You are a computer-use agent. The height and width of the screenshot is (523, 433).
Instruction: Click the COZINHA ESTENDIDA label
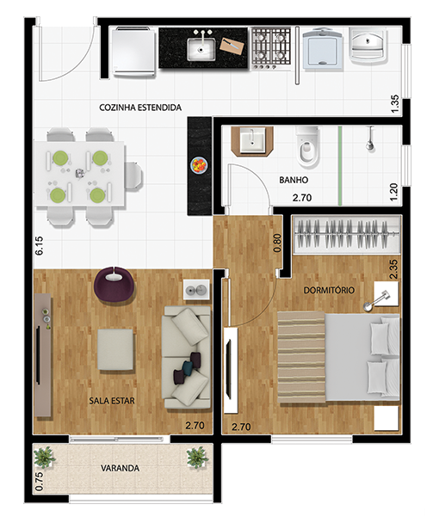pyautogui.click(x=140, y=108)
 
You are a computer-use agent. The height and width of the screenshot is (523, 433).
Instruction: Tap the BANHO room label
pyautogui.click(x=294, y=180)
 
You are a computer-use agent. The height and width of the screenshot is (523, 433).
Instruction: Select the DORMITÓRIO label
pyautogui.click(x=329, y=290)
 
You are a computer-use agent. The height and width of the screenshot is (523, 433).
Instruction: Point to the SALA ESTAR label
pyautogui.click(x=112, y=401)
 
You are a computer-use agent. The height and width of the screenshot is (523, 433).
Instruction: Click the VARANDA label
pyautogui.click(x=120, y=468)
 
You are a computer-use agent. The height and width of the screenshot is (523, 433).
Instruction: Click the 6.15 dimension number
pyautogui.click(x=39, y=246)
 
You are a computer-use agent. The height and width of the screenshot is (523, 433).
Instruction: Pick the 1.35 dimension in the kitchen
pyautogui.click(x=394, y=104)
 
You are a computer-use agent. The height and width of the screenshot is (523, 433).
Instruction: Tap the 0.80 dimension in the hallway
pyautogui.click(x=277, y=243)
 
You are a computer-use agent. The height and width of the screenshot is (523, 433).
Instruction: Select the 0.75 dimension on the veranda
pyautogui.click(x=39, y=482)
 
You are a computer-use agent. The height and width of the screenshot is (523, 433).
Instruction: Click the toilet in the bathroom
pyautogui.click(x=307, y=147)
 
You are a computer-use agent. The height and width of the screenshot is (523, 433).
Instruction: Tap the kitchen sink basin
pyautogui.click(x=201, y=49)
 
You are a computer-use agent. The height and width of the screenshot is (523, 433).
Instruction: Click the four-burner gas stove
pyautogui.click(x=270, y=48)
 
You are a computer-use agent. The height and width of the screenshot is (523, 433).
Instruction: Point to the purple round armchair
pyautogui.click(x=114, y=285)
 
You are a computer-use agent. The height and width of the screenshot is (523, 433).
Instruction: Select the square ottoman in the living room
pyautogui.click(x=115, y=349)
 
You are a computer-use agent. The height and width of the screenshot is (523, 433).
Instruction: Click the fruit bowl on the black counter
pyautogui.click(x=199, y=165)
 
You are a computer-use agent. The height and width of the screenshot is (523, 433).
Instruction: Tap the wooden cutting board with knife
pyautogui.click(x=232, y=46)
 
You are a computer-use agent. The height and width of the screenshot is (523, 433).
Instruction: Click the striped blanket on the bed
pyautogui.click(x=301, y=357)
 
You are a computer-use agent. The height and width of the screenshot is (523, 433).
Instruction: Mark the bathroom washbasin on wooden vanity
pyautogui.click(x=253, y=141)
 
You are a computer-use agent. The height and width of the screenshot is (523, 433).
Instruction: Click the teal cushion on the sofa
pyautogui.click(x=189, y=368)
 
